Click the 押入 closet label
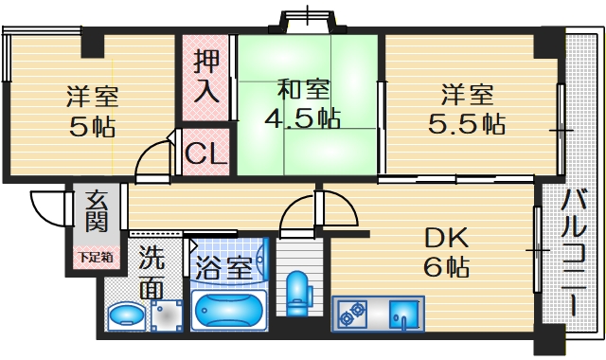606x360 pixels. click(x=205, y=79)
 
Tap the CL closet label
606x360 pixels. click(x=205, y=153)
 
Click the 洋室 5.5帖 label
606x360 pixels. click(x=467, y=109)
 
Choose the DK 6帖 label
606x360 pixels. click(x=445, y=251)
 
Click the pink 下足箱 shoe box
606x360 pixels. click(x=95, y=257)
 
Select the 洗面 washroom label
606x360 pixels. click(x=151, y=271)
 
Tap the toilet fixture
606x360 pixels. click(x=298, y=294)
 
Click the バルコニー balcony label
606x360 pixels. click(x=573, y=251)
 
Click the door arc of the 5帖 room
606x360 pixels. click(x=151, y=161)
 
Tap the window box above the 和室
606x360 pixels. click(x=308, y=17)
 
